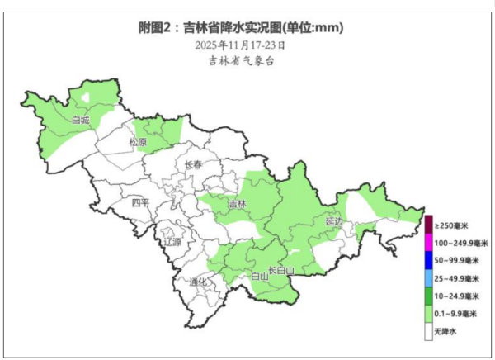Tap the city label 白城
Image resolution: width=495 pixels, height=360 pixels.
pos(80,120)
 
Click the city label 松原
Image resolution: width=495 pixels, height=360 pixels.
pos(137,142)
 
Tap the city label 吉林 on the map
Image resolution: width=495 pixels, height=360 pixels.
pos(237,203)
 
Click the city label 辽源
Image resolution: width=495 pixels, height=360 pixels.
pos(172,243)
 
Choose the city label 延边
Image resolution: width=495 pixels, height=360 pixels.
pos(333,221)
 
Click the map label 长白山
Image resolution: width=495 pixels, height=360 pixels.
pos(281,270)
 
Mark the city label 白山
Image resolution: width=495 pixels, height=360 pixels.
pos(259,277)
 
